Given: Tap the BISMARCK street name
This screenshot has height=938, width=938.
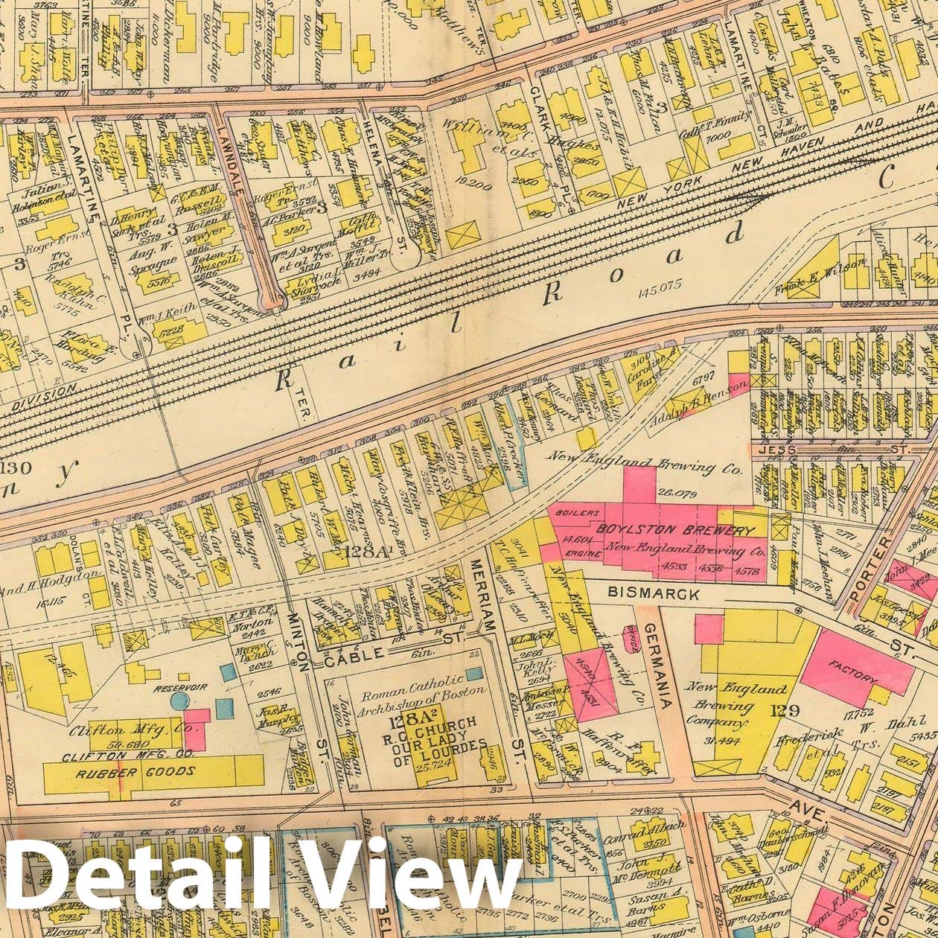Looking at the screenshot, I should [x=654, y=593].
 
